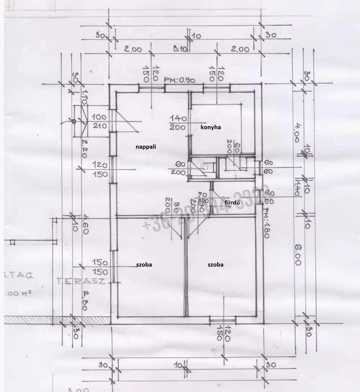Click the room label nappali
(145, 147)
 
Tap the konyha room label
(210, 127)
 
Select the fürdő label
(232, 203)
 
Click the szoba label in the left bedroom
(144, 265)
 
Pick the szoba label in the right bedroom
(215, 265)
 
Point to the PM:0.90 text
(180, 80)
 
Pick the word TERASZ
(81, 281)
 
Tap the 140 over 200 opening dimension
(177, 122)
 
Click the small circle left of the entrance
(73, 121)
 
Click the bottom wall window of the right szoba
(223, 319)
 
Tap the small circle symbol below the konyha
(205, 167)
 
